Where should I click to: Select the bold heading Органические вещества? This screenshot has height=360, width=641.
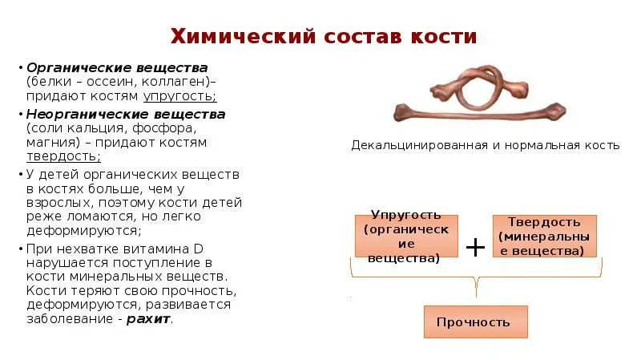117,67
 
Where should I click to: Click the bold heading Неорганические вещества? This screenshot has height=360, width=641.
126,114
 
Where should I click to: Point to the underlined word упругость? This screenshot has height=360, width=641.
179,96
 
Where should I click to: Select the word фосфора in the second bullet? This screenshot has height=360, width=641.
155,128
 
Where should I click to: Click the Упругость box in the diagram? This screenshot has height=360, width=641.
406,236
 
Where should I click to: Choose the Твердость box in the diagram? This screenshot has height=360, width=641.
544,235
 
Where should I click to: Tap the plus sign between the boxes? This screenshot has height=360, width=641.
475,247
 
